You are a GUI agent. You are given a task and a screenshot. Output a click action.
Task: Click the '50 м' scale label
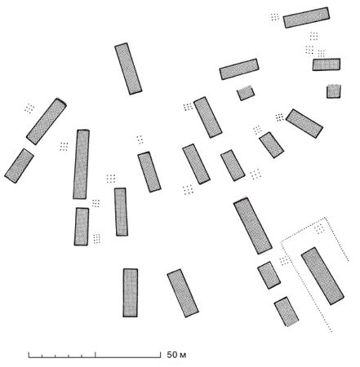point(176,355)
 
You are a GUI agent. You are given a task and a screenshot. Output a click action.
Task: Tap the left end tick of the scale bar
point(29,355)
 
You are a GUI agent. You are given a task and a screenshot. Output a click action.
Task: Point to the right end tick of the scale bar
point(160,355)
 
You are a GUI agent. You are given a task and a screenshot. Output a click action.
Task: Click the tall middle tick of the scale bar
point(96,355)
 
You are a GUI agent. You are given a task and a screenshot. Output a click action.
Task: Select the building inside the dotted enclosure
point(322,276)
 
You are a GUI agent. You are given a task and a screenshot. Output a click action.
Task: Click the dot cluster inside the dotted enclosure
point(320,229)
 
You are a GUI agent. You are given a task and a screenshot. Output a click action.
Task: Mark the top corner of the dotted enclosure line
point(325,218)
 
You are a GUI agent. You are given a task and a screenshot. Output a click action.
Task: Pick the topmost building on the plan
point(306,17)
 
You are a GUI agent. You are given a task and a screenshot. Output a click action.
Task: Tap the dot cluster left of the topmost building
point(275,17)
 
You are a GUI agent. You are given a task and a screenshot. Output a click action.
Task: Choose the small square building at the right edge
point(334,91)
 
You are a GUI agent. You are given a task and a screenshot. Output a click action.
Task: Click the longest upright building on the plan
point(81,164)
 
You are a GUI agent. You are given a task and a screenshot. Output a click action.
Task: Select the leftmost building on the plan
point(19,166)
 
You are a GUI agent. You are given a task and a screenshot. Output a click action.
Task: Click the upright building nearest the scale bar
point(131,293)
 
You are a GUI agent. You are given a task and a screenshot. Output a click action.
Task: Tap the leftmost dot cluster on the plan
point(29,108)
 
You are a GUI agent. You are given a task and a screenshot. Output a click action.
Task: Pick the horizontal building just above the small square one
point(327,64)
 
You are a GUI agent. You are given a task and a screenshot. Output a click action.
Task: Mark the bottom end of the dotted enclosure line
point(331,331)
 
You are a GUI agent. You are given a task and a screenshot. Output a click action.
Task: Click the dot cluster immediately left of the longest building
point(64,147)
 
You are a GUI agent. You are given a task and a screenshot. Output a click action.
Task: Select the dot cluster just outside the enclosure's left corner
point(284,260)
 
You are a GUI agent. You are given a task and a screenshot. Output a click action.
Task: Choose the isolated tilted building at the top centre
point(128,69)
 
